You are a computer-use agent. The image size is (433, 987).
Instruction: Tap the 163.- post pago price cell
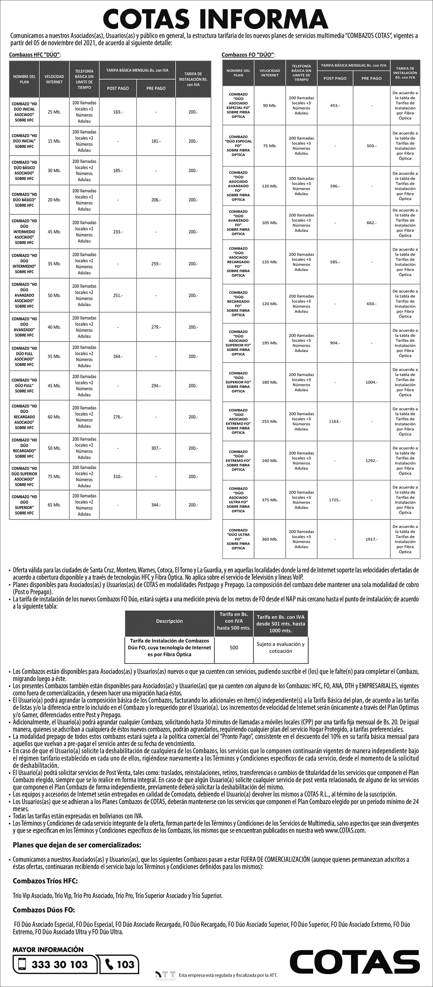coord(117,112)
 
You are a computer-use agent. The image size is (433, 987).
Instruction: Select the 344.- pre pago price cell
coord(156,505)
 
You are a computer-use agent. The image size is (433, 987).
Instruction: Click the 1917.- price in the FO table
coord(371,539)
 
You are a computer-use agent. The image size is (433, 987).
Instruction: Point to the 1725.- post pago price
coord(335,500)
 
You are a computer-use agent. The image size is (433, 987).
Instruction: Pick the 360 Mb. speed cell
coord(270,539)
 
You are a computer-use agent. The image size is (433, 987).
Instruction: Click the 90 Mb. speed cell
coord(270,105)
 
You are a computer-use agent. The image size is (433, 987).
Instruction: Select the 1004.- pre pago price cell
coord(371,382)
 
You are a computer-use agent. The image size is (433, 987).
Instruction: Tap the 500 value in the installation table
coord(234,647)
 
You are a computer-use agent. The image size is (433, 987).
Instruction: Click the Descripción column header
coord(169,621)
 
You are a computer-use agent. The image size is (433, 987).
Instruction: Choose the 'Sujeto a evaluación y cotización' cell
coord(281,647)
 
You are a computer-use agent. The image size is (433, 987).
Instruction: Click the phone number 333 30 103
coord(60,965)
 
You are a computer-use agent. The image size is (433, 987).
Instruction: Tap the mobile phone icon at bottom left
coord(22,964)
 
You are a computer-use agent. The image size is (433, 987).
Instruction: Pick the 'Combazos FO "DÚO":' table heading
coord(248,55)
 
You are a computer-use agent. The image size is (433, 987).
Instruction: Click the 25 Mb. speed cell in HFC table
coord(54,112)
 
